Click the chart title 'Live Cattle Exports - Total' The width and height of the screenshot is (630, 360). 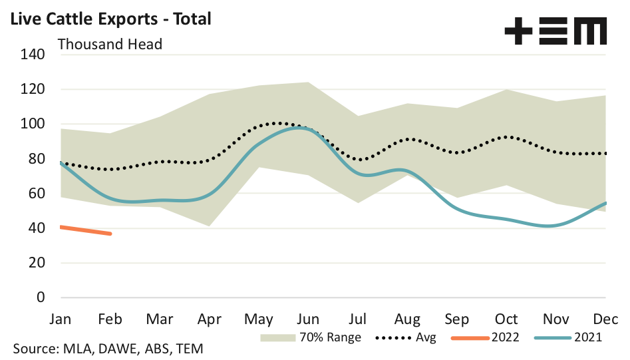coord(108,19)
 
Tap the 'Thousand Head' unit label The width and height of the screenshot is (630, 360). coord(110,45)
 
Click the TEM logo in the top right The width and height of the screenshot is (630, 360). coord(555,31)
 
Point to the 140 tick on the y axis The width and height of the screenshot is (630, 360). coord(33,55)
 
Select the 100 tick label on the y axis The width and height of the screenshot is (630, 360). coord(33,124)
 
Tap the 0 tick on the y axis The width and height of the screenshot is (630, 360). coord(40,297)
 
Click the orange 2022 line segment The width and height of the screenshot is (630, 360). coord(85,230)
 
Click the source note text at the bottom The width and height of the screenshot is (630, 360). coord(108,349)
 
